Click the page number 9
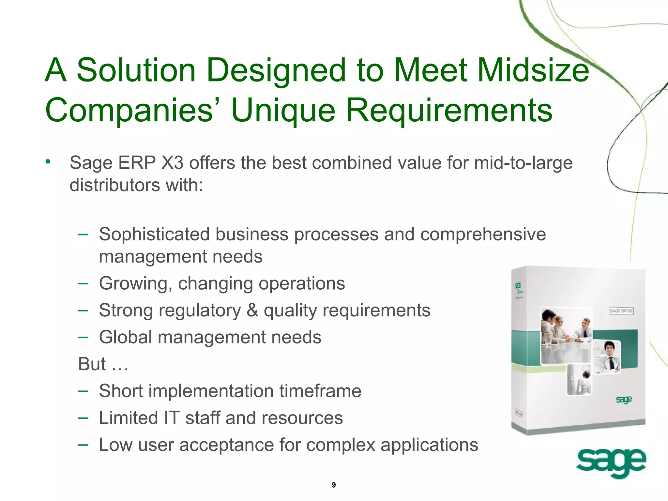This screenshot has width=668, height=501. point(333,485)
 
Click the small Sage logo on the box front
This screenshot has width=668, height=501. point(624,400)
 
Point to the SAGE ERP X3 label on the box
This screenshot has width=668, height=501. point(621,311)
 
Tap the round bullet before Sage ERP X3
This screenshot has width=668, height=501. point(48,161)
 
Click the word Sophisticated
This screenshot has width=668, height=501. point(154,234)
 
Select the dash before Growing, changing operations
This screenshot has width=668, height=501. point(83,283)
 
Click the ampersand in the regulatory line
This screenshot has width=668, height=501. point(252,310)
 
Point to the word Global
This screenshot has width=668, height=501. point(126,337)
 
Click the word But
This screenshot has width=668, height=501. point(92,364)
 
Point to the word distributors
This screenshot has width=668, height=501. point(114,185)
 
